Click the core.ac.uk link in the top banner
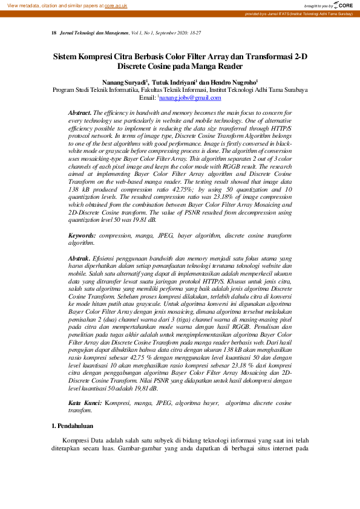[116, 5]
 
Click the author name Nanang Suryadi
[126, 82]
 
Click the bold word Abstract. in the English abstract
[80, 113]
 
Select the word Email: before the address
[148, 97]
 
